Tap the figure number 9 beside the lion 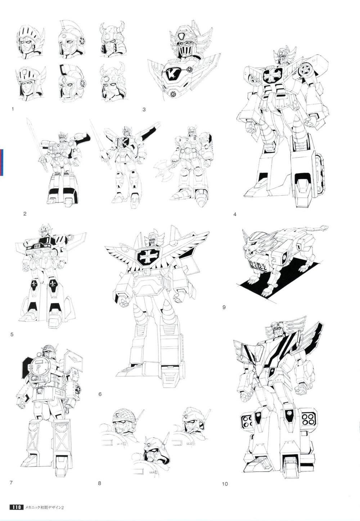[x=224, y=307]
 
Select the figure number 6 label [x=100, y=394]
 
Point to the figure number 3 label [x=144, y=109]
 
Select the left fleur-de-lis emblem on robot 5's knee [x=35, y=285]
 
